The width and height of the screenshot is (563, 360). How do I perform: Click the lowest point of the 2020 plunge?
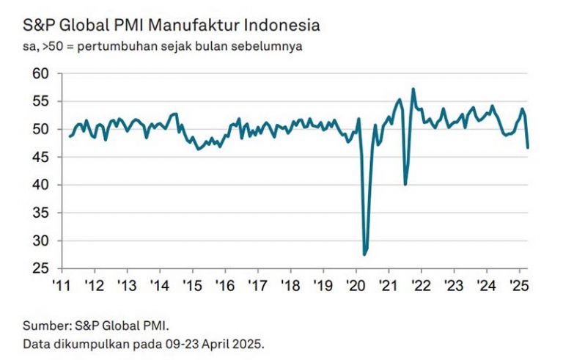tap(364, 254)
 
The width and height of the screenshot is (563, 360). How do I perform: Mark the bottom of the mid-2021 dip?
tap(405, 184)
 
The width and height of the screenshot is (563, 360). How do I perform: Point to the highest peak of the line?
tap(413, 89)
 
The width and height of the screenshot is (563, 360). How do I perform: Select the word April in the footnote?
tap(196, 342)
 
